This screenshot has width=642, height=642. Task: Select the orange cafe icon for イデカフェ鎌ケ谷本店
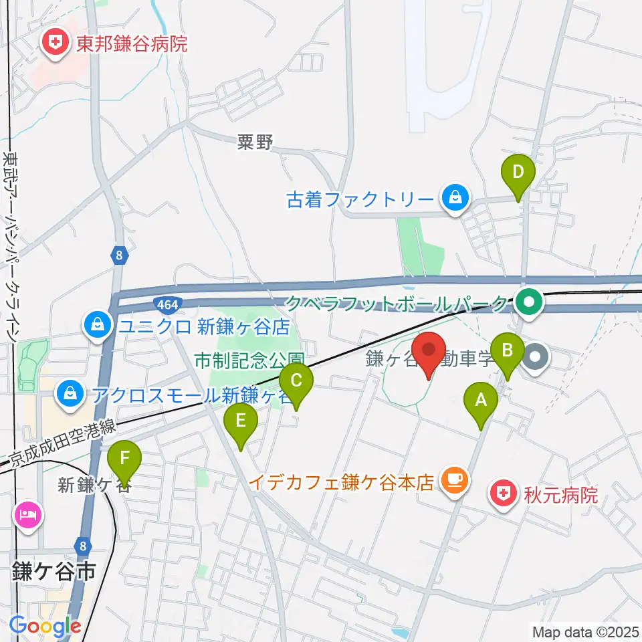point(455,480)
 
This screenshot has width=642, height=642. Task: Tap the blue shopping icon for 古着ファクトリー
point(455,199)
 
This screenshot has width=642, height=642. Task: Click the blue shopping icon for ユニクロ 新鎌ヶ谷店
point(98,326)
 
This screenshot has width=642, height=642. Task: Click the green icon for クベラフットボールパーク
point(529,303)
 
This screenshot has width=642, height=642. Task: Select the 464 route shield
point(167,306)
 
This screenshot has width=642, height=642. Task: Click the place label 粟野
point(255,142)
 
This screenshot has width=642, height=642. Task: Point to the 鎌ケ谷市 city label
point(53,572)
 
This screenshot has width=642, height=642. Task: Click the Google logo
point(45,627)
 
